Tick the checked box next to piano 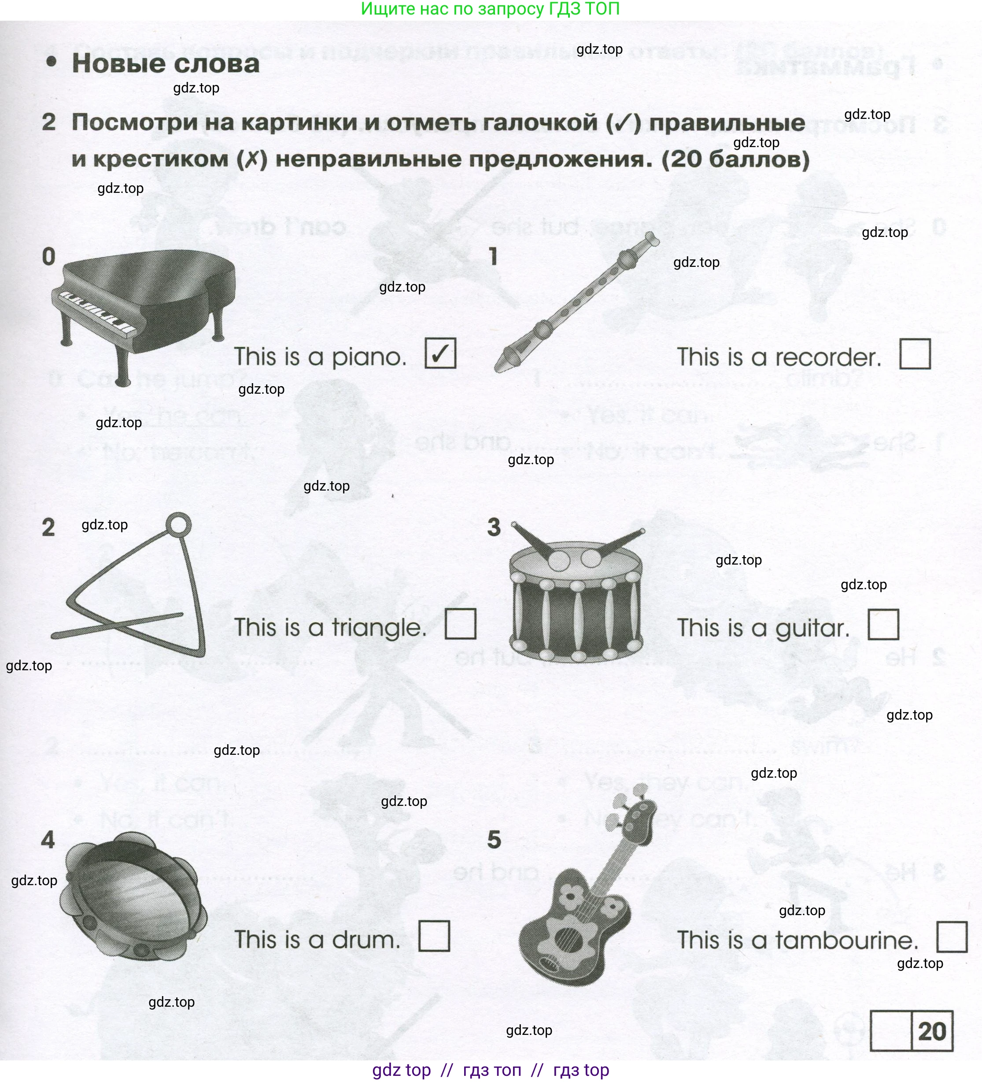point(440,353)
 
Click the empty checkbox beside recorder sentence point(914,354)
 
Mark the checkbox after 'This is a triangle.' point(461,624)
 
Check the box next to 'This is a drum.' point(434,936)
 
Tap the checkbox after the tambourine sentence point(952,937)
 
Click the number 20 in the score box point(931,1031)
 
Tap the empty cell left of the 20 point(890,1031)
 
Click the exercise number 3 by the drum point(494,528)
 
